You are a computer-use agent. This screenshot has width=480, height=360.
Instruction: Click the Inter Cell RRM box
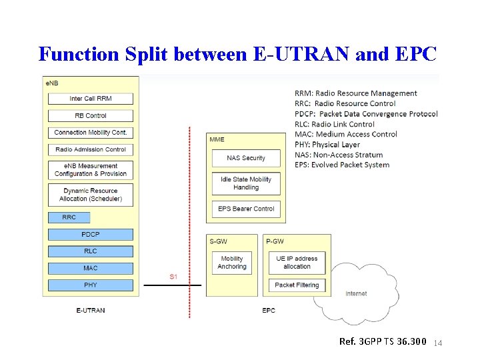[x=90, y=99]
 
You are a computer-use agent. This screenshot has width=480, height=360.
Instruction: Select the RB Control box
[x=90, y=115]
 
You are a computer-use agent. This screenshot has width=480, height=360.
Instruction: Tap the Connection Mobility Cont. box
[x=90, y=133]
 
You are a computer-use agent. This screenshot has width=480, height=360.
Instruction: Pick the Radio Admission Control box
[x=90, y=149]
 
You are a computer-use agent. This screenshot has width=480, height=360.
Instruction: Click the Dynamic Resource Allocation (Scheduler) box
[x=90, y=195]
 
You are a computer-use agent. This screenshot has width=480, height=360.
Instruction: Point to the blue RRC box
[x=69, y=217]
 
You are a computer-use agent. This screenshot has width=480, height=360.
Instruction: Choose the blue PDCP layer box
[x=90, y=235]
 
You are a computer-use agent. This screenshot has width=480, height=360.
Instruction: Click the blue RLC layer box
[x=90, y=251]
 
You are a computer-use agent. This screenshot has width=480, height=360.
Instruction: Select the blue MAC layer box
[x=90, y=268]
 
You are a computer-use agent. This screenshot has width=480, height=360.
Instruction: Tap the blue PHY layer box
[x=90, y=285]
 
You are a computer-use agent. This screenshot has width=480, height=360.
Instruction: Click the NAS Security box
[x=245, y=158]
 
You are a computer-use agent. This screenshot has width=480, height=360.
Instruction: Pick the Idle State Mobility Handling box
[x=245, y=183]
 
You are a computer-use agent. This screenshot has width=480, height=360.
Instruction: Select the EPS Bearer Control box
[x=245, y=209]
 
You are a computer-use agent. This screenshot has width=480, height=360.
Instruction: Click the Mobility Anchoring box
[x=231, y=263]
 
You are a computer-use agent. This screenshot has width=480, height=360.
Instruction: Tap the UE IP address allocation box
[x=297, y=263]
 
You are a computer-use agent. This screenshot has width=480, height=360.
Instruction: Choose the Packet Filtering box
[x=297, y=285]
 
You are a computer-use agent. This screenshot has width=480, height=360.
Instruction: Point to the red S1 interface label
[x=173, y=276]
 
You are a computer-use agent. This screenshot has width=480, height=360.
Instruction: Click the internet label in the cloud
[x=356, y=294]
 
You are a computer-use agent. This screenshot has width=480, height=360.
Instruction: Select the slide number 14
[x=438, y=343]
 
